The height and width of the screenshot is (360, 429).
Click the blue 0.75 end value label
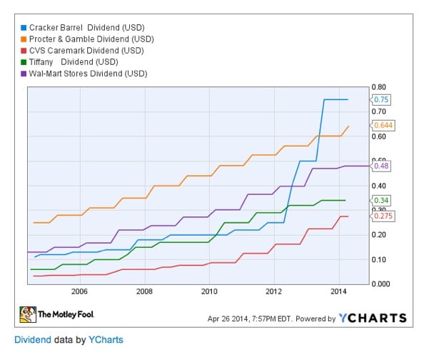point(383,99)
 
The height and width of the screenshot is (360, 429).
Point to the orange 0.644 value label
point(384,125)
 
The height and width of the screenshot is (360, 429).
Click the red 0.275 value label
point(384,216)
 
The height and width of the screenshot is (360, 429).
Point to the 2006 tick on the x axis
point(79,291)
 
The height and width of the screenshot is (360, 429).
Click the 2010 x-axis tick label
point(209,291)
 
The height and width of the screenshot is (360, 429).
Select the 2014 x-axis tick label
point(339,291)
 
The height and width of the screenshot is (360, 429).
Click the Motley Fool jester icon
point(28,314)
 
